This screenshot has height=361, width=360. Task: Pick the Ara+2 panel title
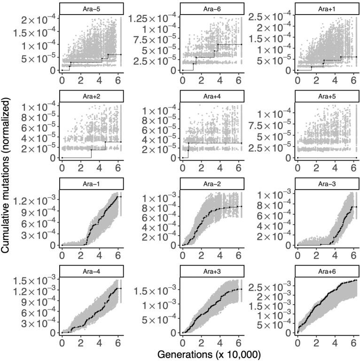92,96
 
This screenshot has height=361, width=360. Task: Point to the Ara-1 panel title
92,184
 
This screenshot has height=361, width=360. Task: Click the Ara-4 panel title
92,271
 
